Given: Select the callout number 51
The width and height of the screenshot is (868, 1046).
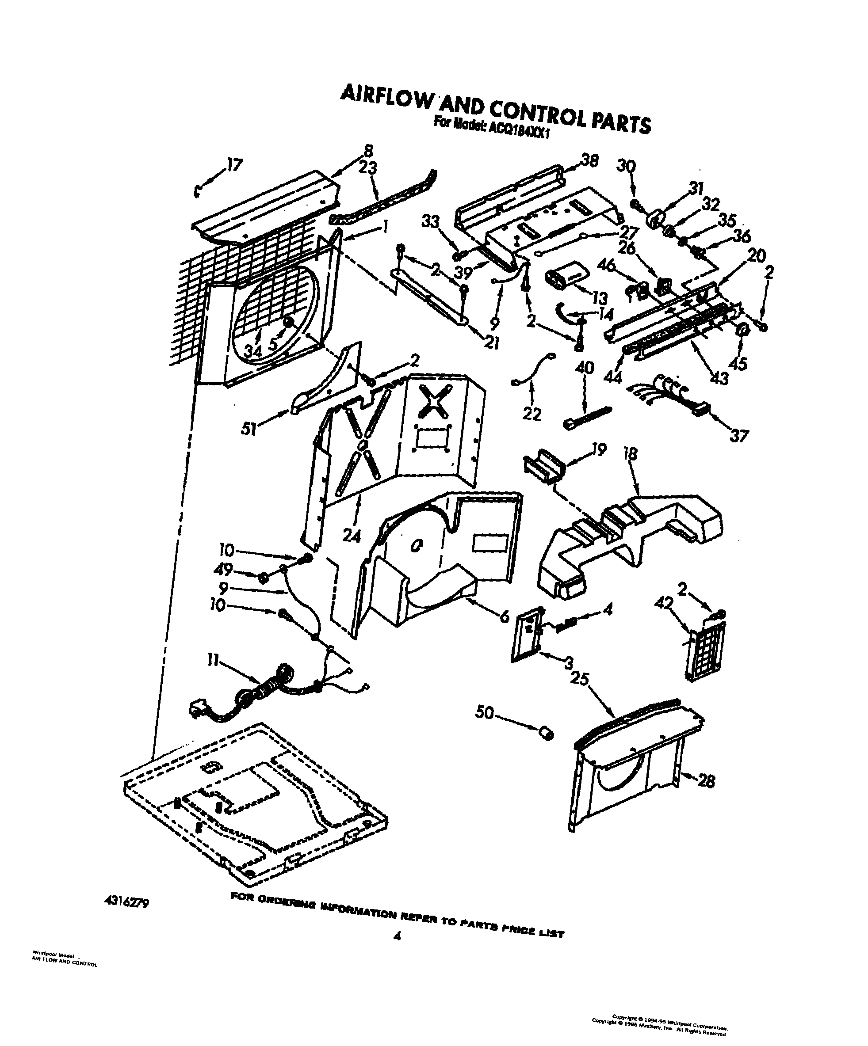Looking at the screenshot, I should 249,428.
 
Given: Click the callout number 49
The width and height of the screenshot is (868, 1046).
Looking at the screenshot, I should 223,570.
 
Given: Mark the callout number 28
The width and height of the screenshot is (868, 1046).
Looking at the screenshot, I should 706,780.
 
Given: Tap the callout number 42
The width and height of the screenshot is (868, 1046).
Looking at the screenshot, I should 663,603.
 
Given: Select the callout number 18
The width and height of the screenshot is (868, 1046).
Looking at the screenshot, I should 630,454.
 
